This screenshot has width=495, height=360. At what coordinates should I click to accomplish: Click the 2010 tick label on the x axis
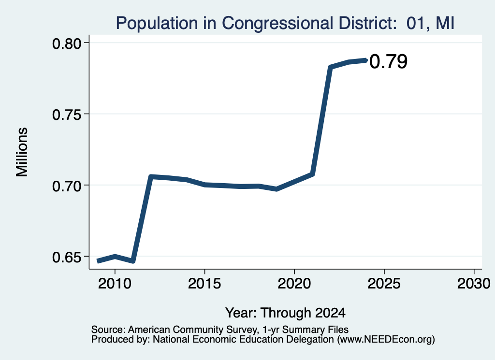[x=115, y=284]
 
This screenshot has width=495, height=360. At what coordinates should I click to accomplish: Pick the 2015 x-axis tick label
[x=204, y=284]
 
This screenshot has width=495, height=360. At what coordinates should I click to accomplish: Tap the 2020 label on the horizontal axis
[x=294, y=284]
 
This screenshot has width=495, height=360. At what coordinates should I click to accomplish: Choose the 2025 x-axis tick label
[x=384, y=284]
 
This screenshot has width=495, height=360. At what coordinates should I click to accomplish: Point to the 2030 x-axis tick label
[x=474, y=284]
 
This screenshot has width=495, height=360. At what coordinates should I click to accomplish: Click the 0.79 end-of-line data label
[x=388, y=61]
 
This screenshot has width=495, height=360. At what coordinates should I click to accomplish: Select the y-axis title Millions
[x=22, y=152]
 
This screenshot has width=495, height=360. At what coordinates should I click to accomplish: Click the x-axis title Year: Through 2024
[x=285, y=313]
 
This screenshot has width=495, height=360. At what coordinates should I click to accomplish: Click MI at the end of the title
[x=445, y=23]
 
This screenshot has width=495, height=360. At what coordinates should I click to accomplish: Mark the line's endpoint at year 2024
[x=366, y=60]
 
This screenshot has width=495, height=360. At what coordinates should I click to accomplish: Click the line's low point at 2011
[x=133, y=261]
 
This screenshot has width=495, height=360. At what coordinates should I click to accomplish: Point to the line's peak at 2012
[x=151, y=177]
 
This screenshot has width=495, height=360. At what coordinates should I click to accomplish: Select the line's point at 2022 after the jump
[x=330, y=67]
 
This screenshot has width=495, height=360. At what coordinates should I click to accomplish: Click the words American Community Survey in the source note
[x=192, y=330]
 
